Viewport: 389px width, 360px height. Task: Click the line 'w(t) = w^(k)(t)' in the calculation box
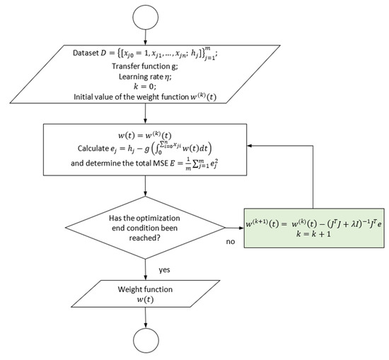[x=145, y=134]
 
